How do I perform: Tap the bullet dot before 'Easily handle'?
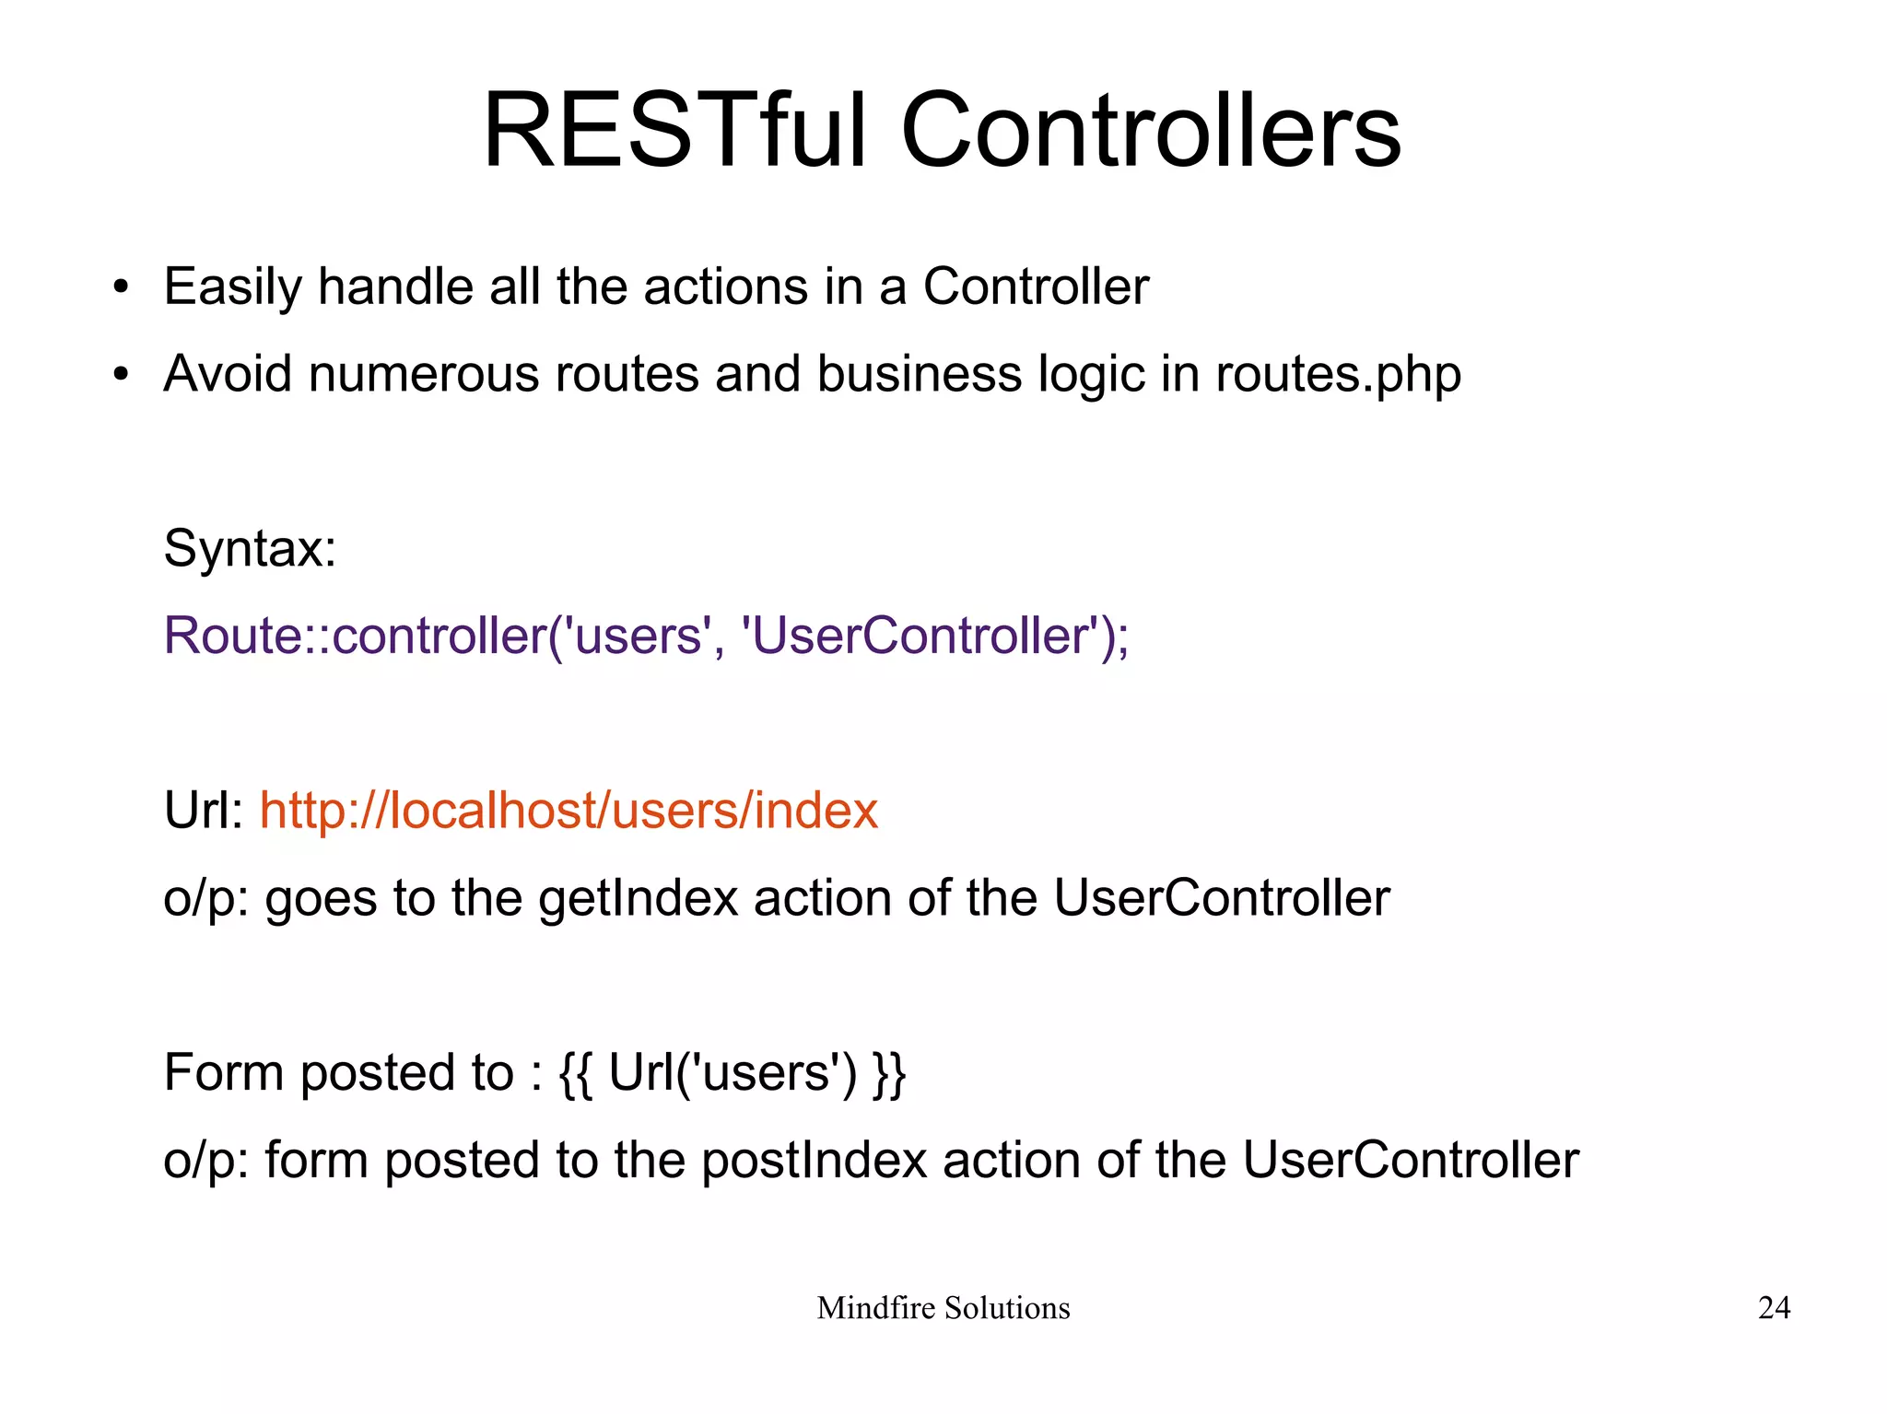click(121, 288)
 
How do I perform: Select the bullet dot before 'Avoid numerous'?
click(121, 375)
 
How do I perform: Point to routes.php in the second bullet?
click(1338, 375)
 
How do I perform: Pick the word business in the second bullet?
click(919, 375)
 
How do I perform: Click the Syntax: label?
click(250, 549)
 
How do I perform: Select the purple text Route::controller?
click(355, 636)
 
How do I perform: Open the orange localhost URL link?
click(568, 811)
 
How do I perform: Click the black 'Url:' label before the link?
click(203, 811)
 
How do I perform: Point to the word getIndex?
click(638, 898)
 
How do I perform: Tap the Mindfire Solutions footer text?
click(943, 1308)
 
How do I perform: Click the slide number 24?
click(1773, 1308)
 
